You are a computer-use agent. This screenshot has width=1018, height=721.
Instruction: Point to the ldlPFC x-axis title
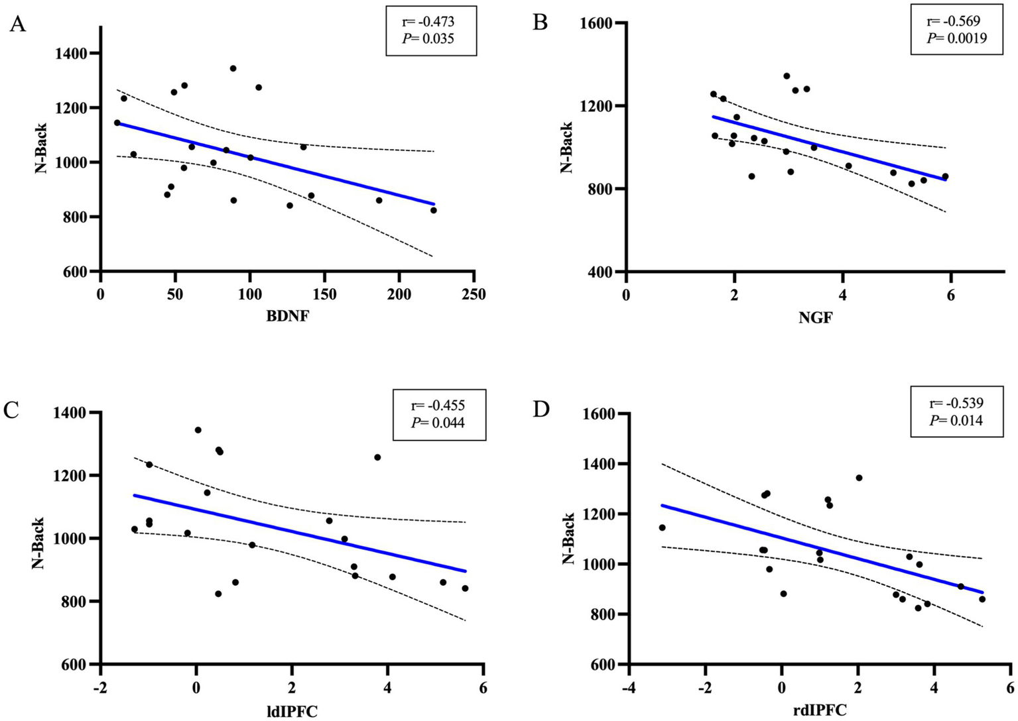pos(292,712)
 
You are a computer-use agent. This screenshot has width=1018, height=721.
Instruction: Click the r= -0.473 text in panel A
pos(431,22)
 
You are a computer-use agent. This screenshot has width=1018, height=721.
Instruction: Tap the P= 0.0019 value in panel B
pos(956,38)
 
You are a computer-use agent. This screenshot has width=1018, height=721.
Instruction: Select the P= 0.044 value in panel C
pos(438,422)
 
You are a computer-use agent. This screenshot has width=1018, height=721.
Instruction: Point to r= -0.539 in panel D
pos(956,403)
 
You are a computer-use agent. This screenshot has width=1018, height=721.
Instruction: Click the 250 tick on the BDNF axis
pos(474,294)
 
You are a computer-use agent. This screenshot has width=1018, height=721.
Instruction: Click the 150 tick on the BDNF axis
pos(324,294)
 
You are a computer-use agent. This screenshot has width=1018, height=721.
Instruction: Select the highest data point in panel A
pos(233,68)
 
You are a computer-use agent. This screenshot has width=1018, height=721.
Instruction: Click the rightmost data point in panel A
pos(434,210)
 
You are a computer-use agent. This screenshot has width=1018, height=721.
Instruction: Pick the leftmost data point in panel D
pos(662,527)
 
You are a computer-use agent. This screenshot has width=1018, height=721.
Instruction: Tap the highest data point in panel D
pos(859,478)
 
